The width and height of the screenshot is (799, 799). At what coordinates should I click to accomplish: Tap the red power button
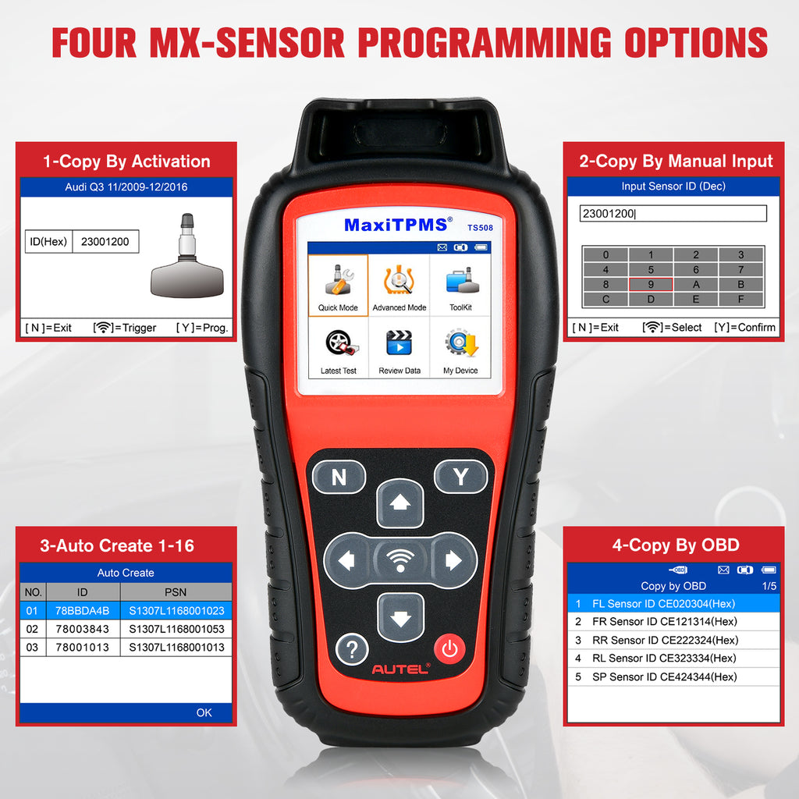coord(449,648)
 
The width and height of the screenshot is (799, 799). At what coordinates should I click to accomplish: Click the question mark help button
coord(352,648)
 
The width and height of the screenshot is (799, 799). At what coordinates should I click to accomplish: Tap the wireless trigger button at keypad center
coord(400,560)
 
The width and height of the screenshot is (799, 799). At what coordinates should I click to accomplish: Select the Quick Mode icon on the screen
coord(338,286)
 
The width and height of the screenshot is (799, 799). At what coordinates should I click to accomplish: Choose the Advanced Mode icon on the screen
coord(399,286)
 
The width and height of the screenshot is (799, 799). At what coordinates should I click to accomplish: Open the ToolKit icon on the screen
coord(460,286)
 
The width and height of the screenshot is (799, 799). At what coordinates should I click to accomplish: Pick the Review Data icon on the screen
coord(399,348)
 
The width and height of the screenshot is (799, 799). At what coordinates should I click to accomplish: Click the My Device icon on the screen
coord(460,348)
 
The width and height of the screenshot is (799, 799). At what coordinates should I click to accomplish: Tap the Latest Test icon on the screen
coord(338,348)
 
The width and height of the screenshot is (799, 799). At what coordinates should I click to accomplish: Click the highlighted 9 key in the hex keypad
coord(651,284)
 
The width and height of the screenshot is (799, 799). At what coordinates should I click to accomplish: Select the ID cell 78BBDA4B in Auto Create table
coord(83,610)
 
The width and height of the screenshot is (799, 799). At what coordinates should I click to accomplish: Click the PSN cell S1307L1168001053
coord(176,629)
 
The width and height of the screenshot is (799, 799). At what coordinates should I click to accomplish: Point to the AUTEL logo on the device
coord(401,669)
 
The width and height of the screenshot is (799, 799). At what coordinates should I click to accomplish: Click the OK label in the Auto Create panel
coord(204,712)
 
